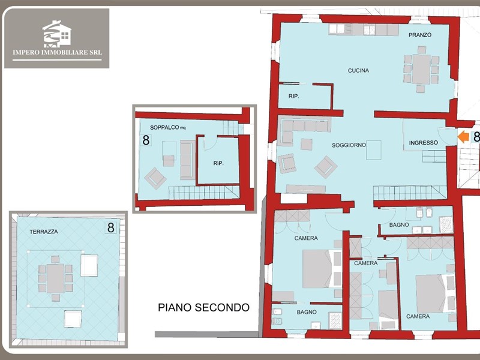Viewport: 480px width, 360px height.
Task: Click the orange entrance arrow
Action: pos(463,137)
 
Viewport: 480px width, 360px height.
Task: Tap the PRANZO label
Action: pos(420,35)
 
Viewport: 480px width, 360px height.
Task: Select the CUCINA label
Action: pos(358,70)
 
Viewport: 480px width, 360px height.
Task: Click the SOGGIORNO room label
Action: pos(349,145)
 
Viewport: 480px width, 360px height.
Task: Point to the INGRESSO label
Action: pos(424,143)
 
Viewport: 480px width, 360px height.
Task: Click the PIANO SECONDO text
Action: pos(203,307)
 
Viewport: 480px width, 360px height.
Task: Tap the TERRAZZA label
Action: pos(44,232)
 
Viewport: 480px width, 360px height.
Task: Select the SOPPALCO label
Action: pos(164,127)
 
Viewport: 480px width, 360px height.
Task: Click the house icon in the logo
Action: pos(57,34)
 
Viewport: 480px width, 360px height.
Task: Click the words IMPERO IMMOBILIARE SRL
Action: pos(57,52)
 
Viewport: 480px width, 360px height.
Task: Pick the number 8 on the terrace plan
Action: pos(110,228)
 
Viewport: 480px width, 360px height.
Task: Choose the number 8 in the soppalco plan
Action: pos(146,140)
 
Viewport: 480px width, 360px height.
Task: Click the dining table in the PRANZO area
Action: pos(421,69)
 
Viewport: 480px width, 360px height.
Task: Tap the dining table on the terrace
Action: pos(55,278)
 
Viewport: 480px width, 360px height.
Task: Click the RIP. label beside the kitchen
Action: pos(293,96)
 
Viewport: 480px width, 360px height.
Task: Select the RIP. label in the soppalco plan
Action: pos(218,163)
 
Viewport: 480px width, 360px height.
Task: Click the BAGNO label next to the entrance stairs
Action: pos(399,224)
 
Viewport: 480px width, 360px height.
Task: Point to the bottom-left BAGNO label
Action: pos(307,312)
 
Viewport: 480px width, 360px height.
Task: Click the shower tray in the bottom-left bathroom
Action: pos(335,320)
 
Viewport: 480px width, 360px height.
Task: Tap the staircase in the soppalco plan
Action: pos(204,192)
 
